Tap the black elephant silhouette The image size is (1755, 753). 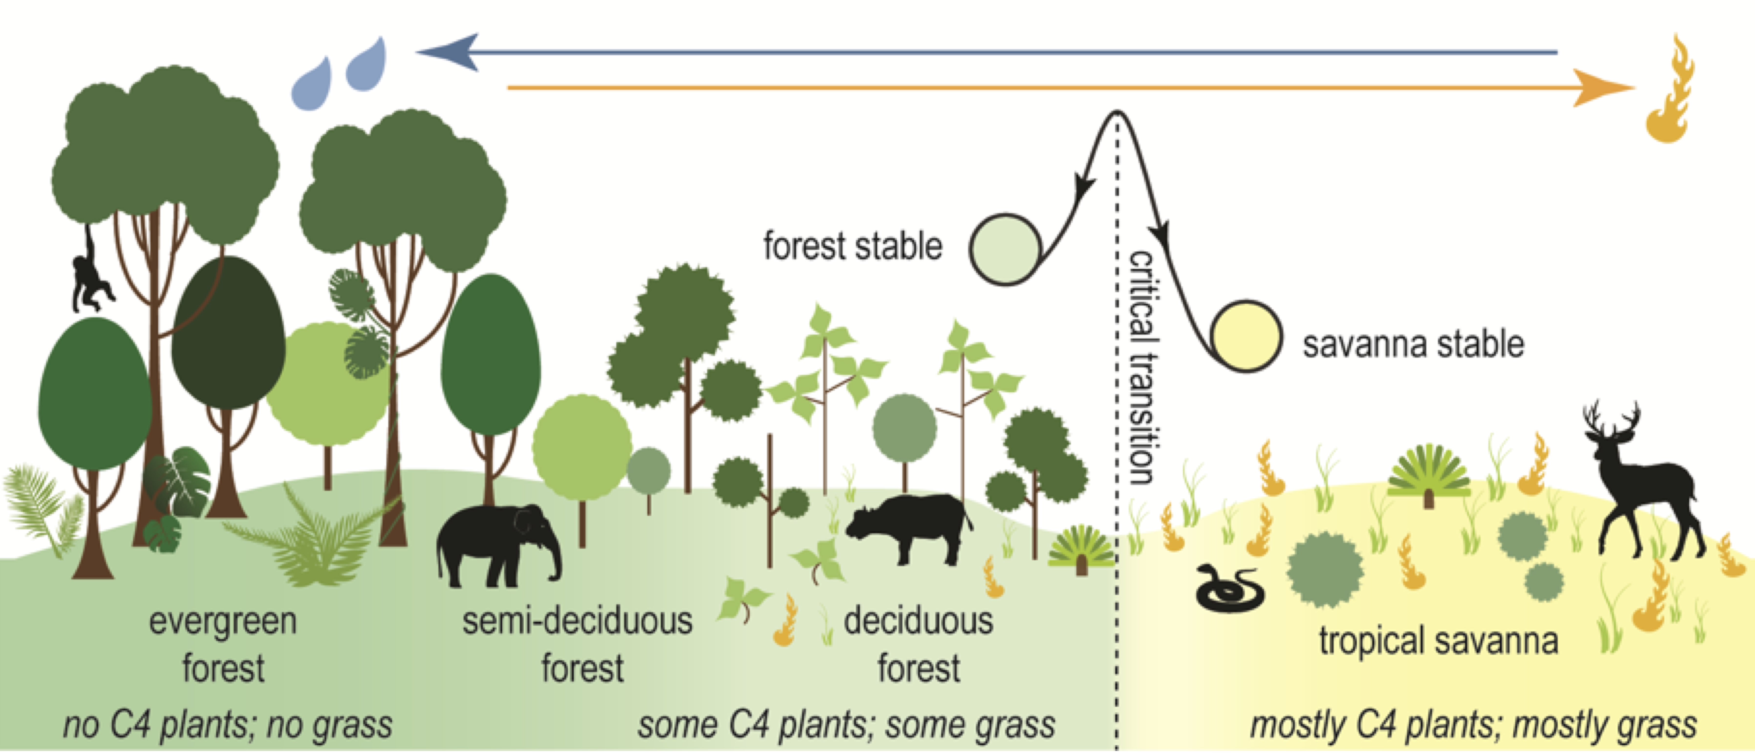click(494, 545)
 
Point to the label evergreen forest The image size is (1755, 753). click(223, 644)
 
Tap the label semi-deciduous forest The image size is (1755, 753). click(578, 644)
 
